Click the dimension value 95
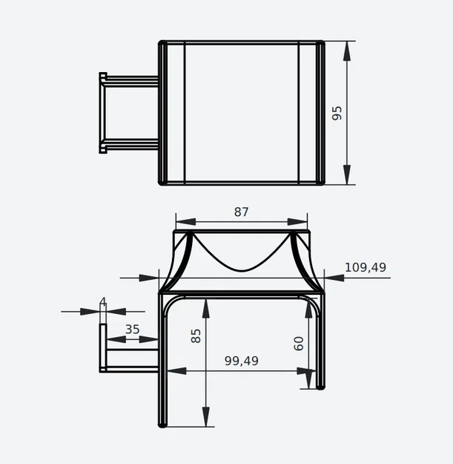coord(337,113)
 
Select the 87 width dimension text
coord(241,212)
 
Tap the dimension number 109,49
coord(366,267)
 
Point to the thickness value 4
coord(103,301)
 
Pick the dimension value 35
coord(132,329)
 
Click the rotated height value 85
coord(196,336)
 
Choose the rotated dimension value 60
coord(299,343)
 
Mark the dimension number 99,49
coord(242,361)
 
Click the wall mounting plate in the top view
coord(103,113)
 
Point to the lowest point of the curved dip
coord(241,269)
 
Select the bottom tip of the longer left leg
coord(162,425)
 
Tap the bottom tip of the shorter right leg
coord(320,387)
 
